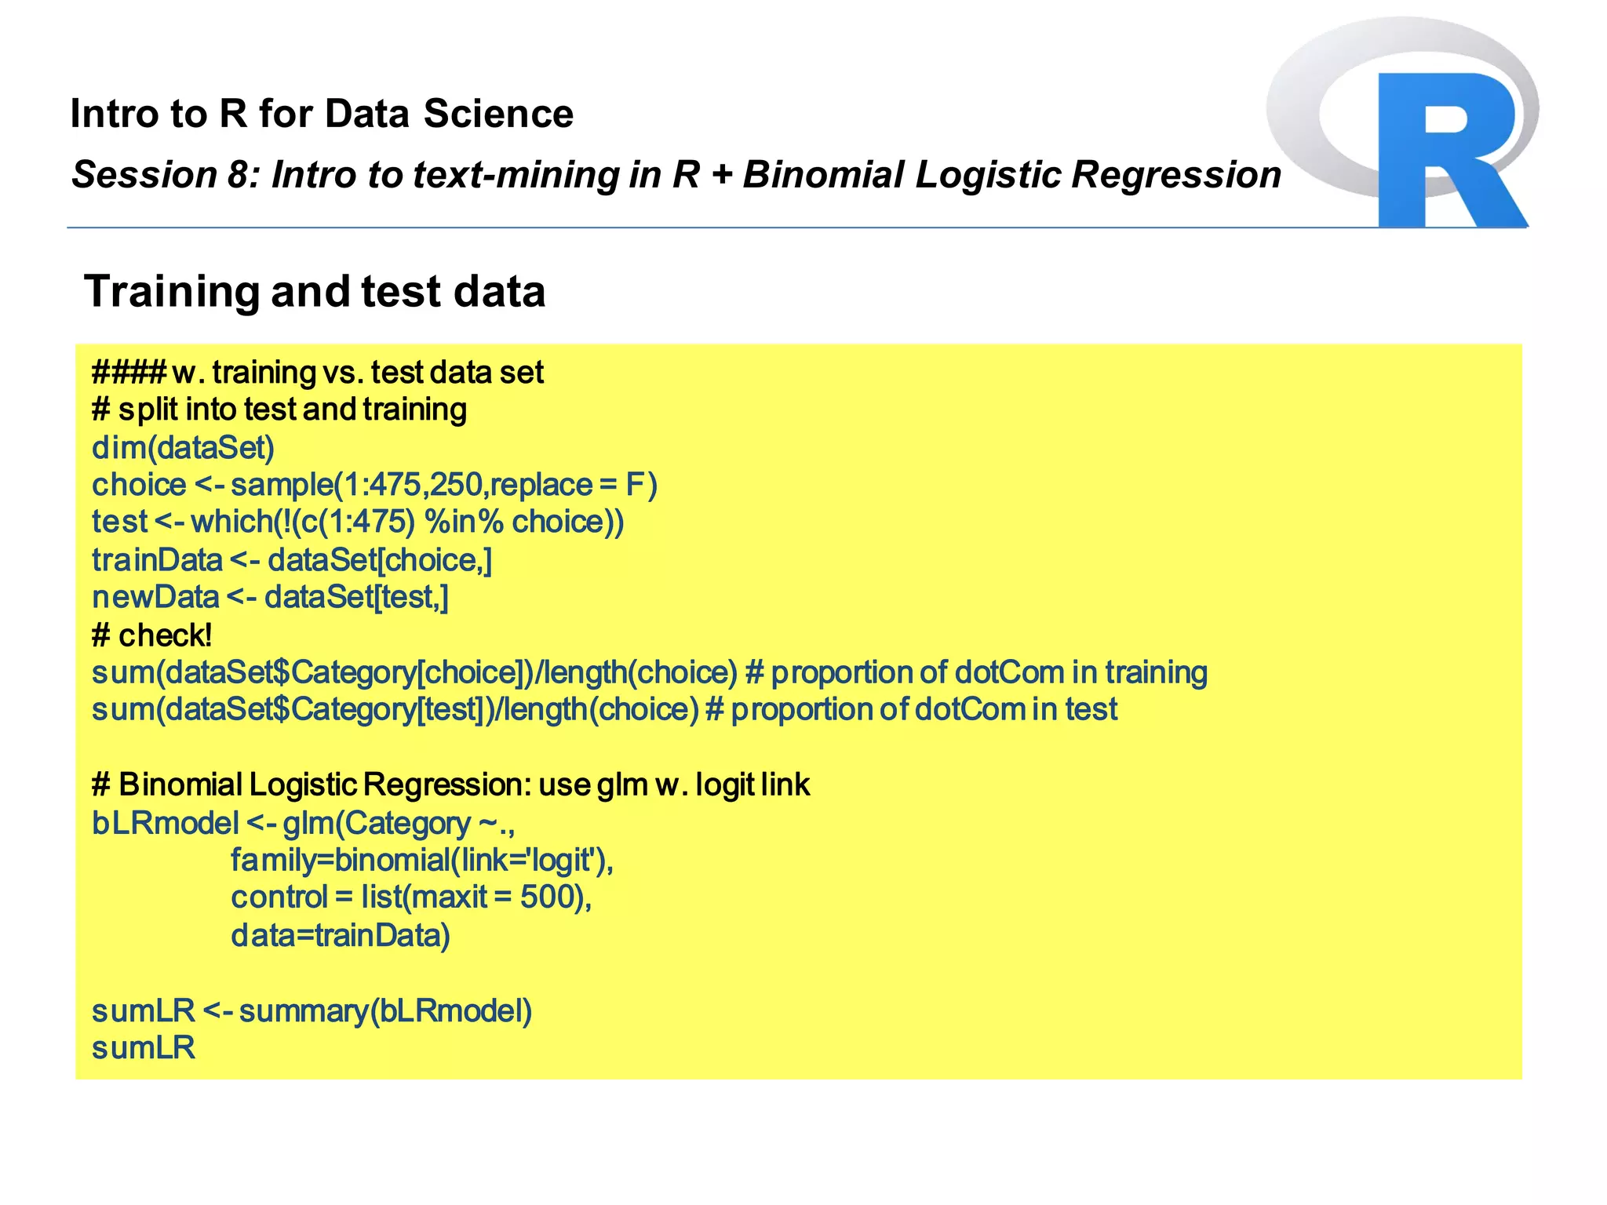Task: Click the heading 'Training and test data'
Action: (x=315, y=292)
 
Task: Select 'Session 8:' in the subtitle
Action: (x=166, y=174)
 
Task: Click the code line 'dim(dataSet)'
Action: (x=183, y=447)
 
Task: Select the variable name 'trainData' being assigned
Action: (x=157, y=560)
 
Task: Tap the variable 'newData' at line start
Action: (x=155, y=597)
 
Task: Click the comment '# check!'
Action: (x=151, y=635)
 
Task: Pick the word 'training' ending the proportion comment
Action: (x=1156, y=672)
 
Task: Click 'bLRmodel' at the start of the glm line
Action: (x=165, y=823)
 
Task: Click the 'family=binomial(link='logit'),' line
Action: (x=421, y=861)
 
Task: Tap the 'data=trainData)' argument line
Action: (x=340, y=935)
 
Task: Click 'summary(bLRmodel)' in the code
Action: (x=385, y=1010)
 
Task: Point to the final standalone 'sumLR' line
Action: (x=144, y=1048)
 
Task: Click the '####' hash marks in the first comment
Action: (x=129, y=372)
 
